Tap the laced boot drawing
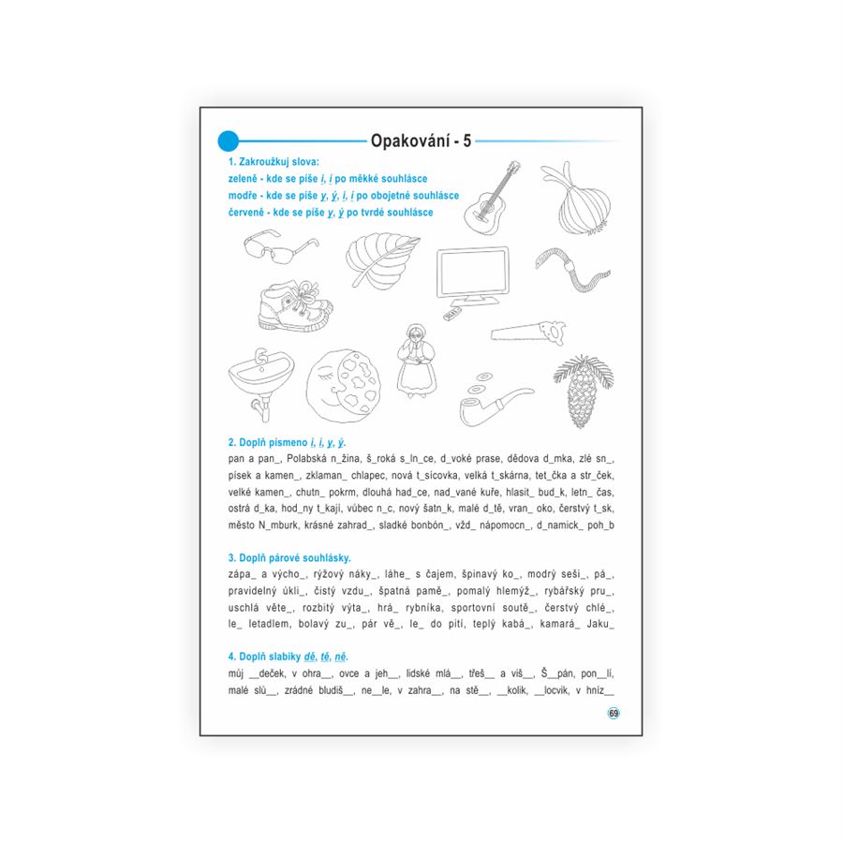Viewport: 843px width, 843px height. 293,307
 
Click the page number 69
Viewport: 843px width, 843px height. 614,713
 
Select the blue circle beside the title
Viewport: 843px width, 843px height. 229,140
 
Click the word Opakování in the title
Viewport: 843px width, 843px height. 407,141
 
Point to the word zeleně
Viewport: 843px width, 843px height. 245,178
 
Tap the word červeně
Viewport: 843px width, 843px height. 248,213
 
